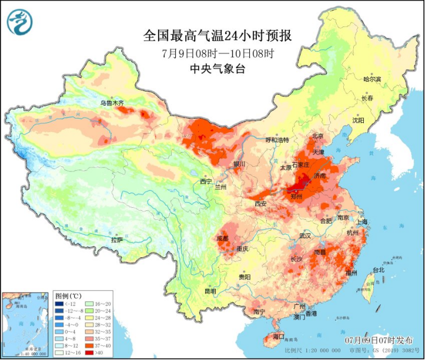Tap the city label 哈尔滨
tap(372, 79)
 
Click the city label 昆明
tap(210, 291)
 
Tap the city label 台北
tap(378, 270)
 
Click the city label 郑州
tap(296, 196)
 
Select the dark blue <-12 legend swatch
tap(59, 304)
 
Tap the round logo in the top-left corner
tap(20, 22)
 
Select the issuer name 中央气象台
tap(217, 69)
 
